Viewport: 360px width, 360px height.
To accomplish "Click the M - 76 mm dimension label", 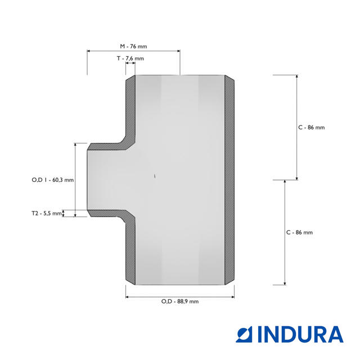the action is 133,46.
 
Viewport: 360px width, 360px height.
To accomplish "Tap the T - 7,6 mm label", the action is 130,58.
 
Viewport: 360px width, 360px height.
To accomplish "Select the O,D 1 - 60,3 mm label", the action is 53,180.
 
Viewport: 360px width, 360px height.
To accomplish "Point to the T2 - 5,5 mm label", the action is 47,214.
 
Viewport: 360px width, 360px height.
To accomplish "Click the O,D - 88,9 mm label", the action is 180,301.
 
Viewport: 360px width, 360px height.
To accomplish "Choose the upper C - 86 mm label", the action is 312,128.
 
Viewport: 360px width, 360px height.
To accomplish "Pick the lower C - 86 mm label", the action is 300,232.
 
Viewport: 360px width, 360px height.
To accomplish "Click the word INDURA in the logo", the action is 300,334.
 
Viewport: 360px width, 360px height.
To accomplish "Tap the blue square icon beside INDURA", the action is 244,334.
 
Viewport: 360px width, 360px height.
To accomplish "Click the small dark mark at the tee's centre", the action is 155,176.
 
